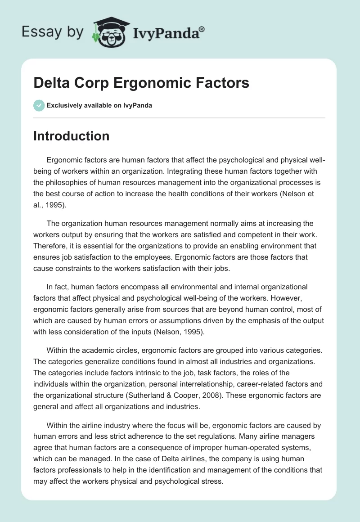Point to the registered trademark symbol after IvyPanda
tap(202, 29)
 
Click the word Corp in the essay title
tap(89, 83)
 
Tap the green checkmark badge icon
tap(39, 105)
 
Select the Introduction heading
tap(71, 136)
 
